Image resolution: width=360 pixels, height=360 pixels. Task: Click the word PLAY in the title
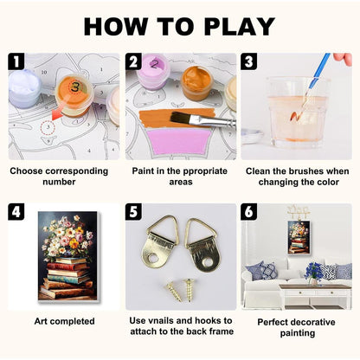(240, 27)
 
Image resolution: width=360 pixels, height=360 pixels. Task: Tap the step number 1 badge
(16, 61)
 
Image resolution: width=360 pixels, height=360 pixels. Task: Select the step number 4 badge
(16, 211)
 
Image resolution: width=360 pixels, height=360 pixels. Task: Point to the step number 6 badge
(249, 211)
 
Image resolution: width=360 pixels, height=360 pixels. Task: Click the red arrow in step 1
(57, 115)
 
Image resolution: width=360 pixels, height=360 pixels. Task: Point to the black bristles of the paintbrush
(179, 118)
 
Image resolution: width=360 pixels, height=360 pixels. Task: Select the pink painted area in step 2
(179, 141)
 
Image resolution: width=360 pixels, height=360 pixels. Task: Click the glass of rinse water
(297, 112)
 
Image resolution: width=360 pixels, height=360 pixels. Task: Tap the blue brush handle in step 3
(319, 70)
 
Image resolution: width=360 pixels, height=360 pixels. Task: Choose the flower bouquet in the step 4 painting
(67, 236)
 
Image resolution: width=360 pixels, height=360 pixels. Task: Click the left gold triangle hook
(159, 241)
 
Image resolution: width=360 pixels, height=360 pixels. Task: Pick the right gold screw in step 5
(189, 290)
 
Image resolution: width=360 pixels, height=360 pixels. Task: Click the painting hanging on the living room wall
(299, 237)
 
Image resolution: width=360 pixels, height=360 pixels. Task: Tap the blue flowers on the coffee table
(313, 272)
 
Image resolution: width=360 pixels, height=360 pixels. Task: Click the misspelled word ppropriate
(201, 171)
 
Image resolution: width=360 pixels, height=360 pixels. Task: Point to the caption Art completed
(64, 321)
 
